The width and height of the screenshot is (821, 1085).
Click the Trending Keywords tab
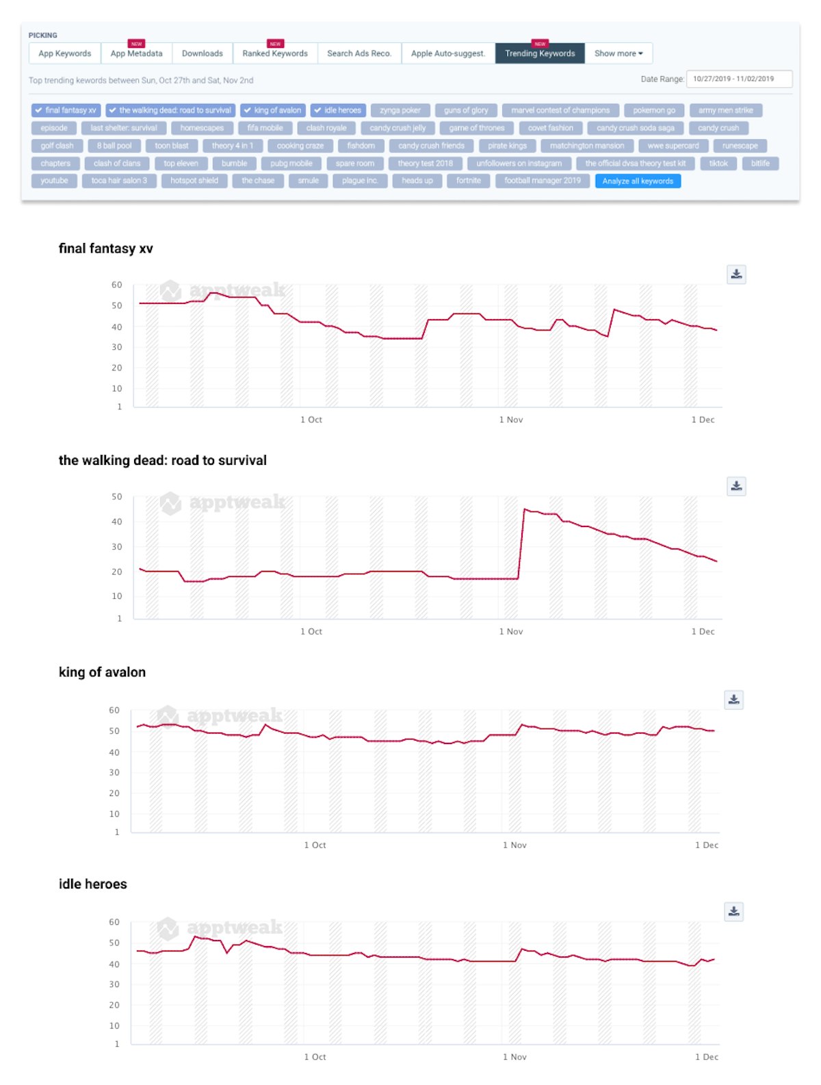pyautogui.click(x=540, y=53)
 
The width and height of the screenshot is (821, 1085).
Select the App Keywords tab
pyautogui.click(x=65, y=53)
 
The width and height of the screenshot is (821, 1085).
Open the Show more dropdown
pyautogui.click(x=618, y=53)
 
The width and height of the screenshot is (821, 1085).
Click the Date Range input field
pyautogui.click(x=739, y=79)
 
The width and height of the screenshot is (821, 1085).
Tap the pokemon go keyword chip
pyautogui.click(x=654, y=110)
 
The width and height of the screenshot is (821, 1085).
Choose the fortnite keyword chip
pyautogui.click(x=469, y=181)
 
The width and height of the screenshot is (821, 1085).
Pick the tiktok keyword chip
pyautogui.click(x=718, y=164)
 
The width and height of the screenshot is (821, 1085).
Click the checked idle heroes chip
pyautogui.click(x=338, y=110)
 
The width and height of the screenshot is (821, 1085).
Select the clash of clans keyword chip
pyautogui.click(x=117, y=164)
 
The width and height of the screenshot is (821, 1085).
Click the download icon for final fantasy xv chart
pyautogui.click(x=736, y=275)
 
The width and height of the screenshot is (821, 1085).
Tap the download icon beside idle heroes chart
pyautogui.click(x=734, y=911)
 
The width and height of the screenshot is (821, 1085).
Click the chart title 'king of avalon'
pyautogui.click(x=102, y=672)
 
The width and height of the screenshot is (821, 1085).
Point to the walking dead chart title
pyautogui.click(x=162, y=461)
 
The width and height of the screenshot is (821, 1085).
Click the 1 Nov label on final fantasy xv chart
pyautogui.click(x=511, y=420)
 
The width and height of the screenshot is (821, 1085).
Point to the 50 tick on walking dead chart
pyautogui.click(x=117, y=497)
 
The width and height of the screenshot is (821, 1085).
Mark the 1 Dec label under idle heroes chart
pyautogui.click(x=707, y=1057)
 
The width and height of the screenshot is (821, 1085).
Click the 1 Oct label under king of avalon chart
pyautogui.click(x=315, y=845)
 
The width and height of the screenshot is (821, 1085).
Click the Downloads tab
pyautogui.click(x=202, y=53)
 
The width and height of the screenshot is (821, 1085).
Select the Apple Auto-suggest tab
pyautogui.click(x=448, y=53)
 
